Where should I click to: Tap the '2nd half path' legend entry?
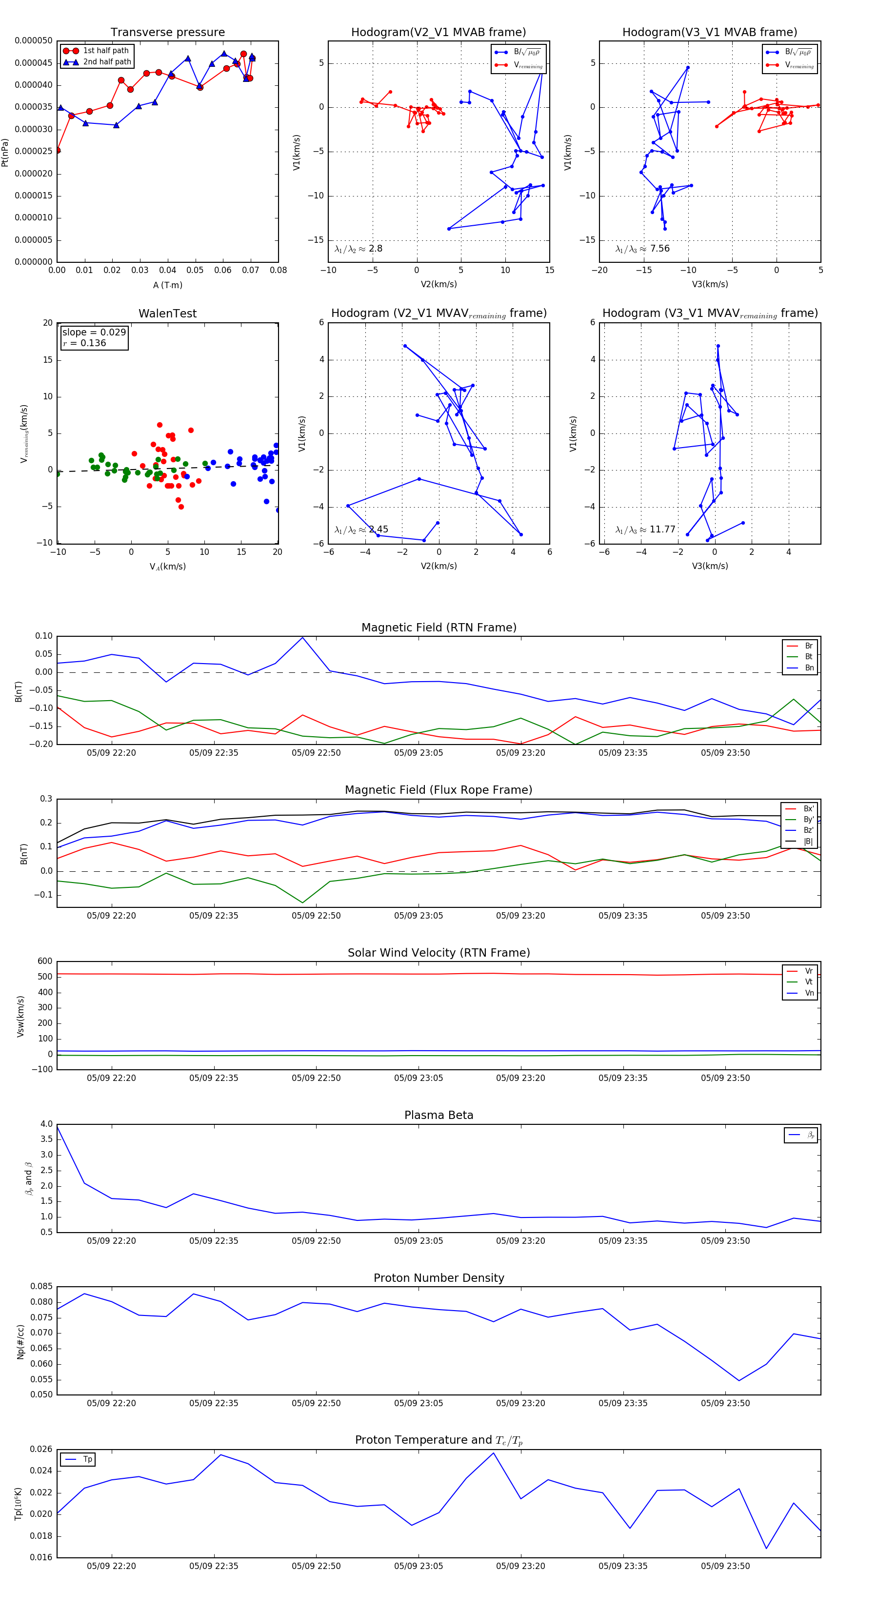pos(107,62)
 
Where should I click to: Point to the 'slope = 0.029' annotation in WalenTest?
pos(94,333)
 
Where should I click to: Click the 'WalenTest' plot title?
pos(167,314)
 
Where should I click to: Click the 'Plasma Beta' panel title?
pos(439,1115)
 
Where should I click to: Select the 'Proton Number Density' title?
pos(439,1277)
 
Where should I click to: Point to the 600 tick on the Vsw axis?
pos(45,961)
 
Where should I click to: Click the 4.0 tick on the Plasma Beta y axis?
pos(46,1124)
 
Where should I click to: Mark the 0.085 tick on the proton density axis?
pos(41,1286)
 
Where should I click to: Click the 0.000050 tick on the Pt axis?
pos(34,40)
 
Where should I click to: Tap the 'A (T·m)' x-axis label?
pos(167,285)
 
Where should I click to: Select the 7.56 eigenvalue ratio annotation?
pos(659,249)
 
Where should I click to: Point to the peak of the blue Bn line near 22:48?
pos(302,638)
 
